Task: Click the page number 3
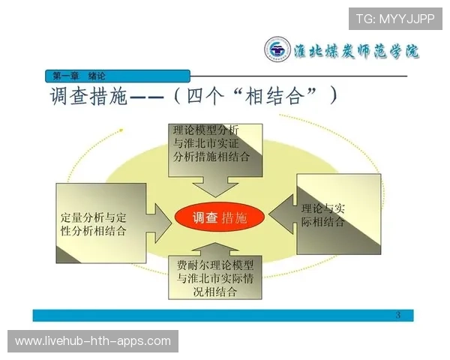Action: click(x=398, y=314)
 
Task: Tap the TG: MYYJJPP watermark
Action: click(x=394, y=18)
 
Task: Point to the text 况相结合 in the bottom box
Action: click(x=214, y=292)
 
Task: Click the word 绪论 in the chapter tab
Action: click(x=97, y=76)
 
